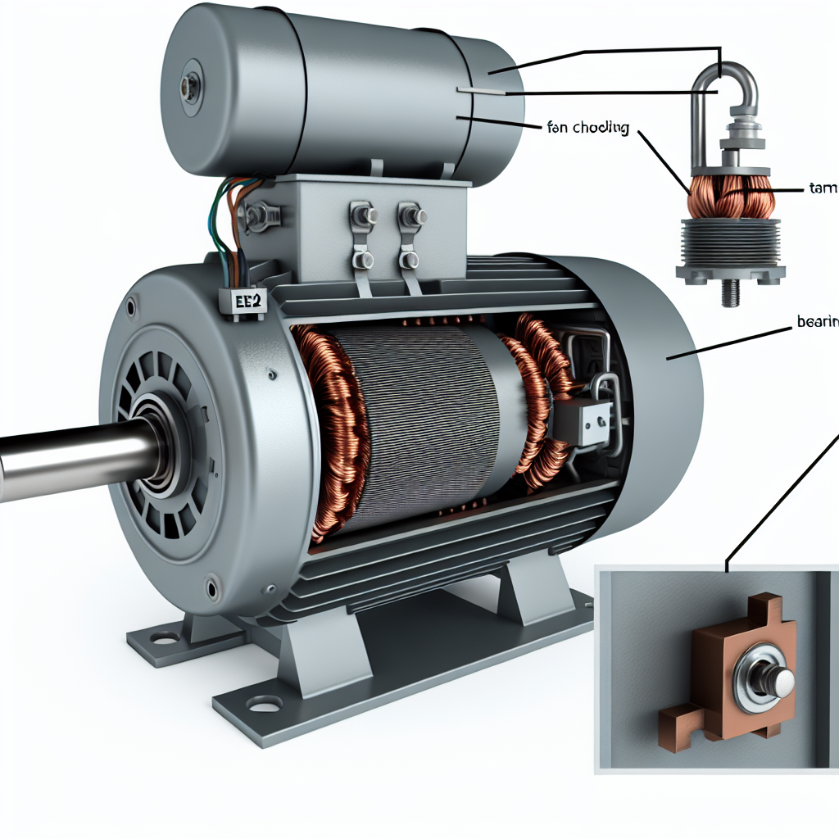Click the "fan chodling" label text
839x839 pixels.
(x=587, y=128)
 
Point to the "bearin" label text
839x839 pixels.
(x=818, y=323)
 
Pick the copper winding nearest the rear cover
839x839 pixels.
(x=537, y=393)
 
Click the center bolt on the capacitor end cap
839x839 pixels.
(x=190, y=84)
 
